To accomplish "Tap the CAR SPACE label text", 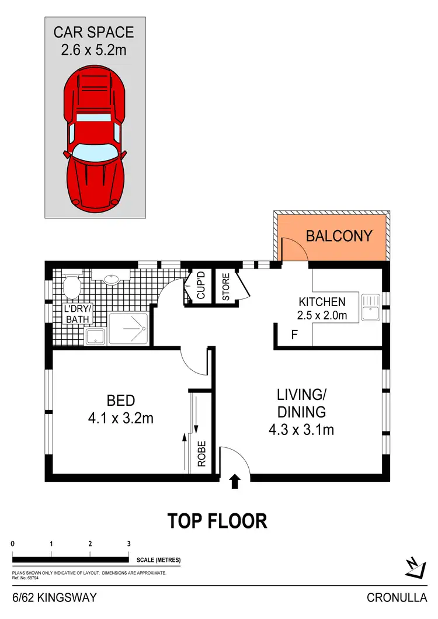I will (x=94, y=32).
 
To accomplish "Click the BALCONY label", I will (x=339, y=236).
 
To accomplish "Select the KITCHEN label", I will (x=322, y=302).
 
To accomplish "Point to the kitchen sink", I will (x=370, y=307).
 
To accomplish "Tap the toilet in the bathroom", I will (x=72, y=286).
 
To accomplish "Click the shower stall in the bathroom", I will (x=129, y=329).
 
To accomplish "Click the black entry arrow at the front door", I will (x=235, y=481).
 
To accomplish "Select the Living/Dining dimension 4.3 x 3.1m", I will (x=301, y=430).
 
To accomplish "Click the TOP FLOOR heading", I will (x=217, y=520).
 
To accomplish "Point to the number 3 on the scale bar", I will (x=128, y=544).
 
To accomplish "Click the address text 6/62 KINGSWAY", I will (x=54, y=597).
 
